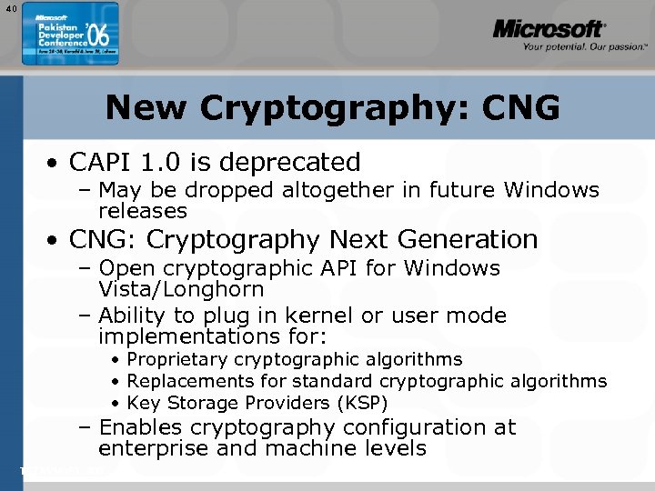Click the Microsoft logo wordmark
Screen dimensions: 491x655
click(548, 30)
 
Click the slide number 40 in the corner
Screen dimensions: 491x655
click(10, 10)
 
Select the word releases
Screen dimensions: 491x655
click(143, 211)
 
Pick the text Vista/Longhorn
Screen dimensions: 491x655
click(181, 290)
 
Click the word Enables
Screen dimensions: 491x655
click(140, 427)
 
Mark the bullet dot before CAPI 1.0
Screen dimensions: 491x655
click(55, 165)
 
